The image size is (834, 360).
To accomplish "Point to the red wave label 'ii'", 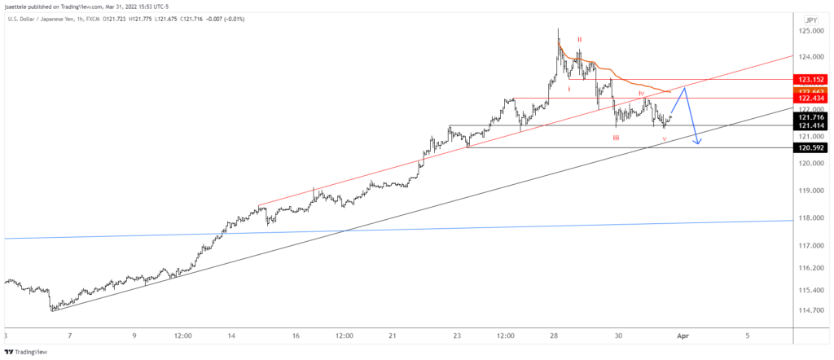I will pyautogui.click(x=580, y=38).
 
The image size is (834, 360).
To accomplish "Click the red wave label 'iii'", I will pyautogui.click(x=616, y=138).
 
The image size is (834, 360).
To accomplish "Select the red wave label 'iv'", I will pyautogui.click(x=641, y=94).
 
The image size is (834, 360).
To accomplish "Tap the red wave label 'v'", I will pyautogui.click(x=665, y=139).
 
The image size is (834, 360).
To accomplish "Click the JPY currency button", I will pyautogui.click(x=810, y=20).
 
